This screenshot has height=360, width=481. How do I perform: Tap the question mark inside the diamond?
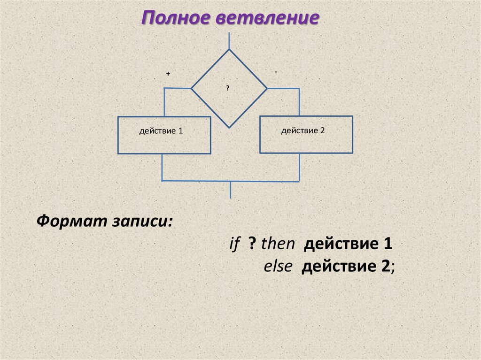[x=228, y=88]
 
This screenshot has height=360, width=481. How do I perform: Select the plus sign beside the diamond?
[x=168, y=74]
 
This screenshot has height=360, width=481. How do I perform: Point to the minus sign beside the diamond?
[x=276, y=71]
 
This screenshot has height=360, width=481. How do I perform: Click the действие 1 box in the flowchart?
[x=163, y=135]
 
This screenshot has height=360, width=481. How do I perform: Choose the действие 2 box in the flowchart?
[x=306, y=134]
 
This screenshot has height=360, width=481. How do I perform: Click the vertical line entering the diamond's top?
[x=229, y=40]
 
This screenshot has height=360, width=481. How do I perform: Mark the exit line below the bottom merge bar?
[x=230, y=190]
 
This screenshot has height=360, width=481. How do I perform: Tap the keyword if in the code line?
[x=234, y=244]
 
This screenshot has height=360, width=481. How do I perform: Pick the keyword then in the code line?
[x=278, y=244]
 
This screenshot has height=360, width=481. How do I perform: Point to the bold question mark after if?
[x=252, y=244]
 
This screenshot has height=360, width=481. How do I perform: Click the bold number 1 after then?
[x=388, y=244]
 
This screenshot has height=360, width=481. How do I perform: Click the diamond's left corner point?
[x=192, y=88]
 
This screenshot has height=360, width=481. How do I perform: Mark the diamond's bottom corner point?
[x=229, y=127]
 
